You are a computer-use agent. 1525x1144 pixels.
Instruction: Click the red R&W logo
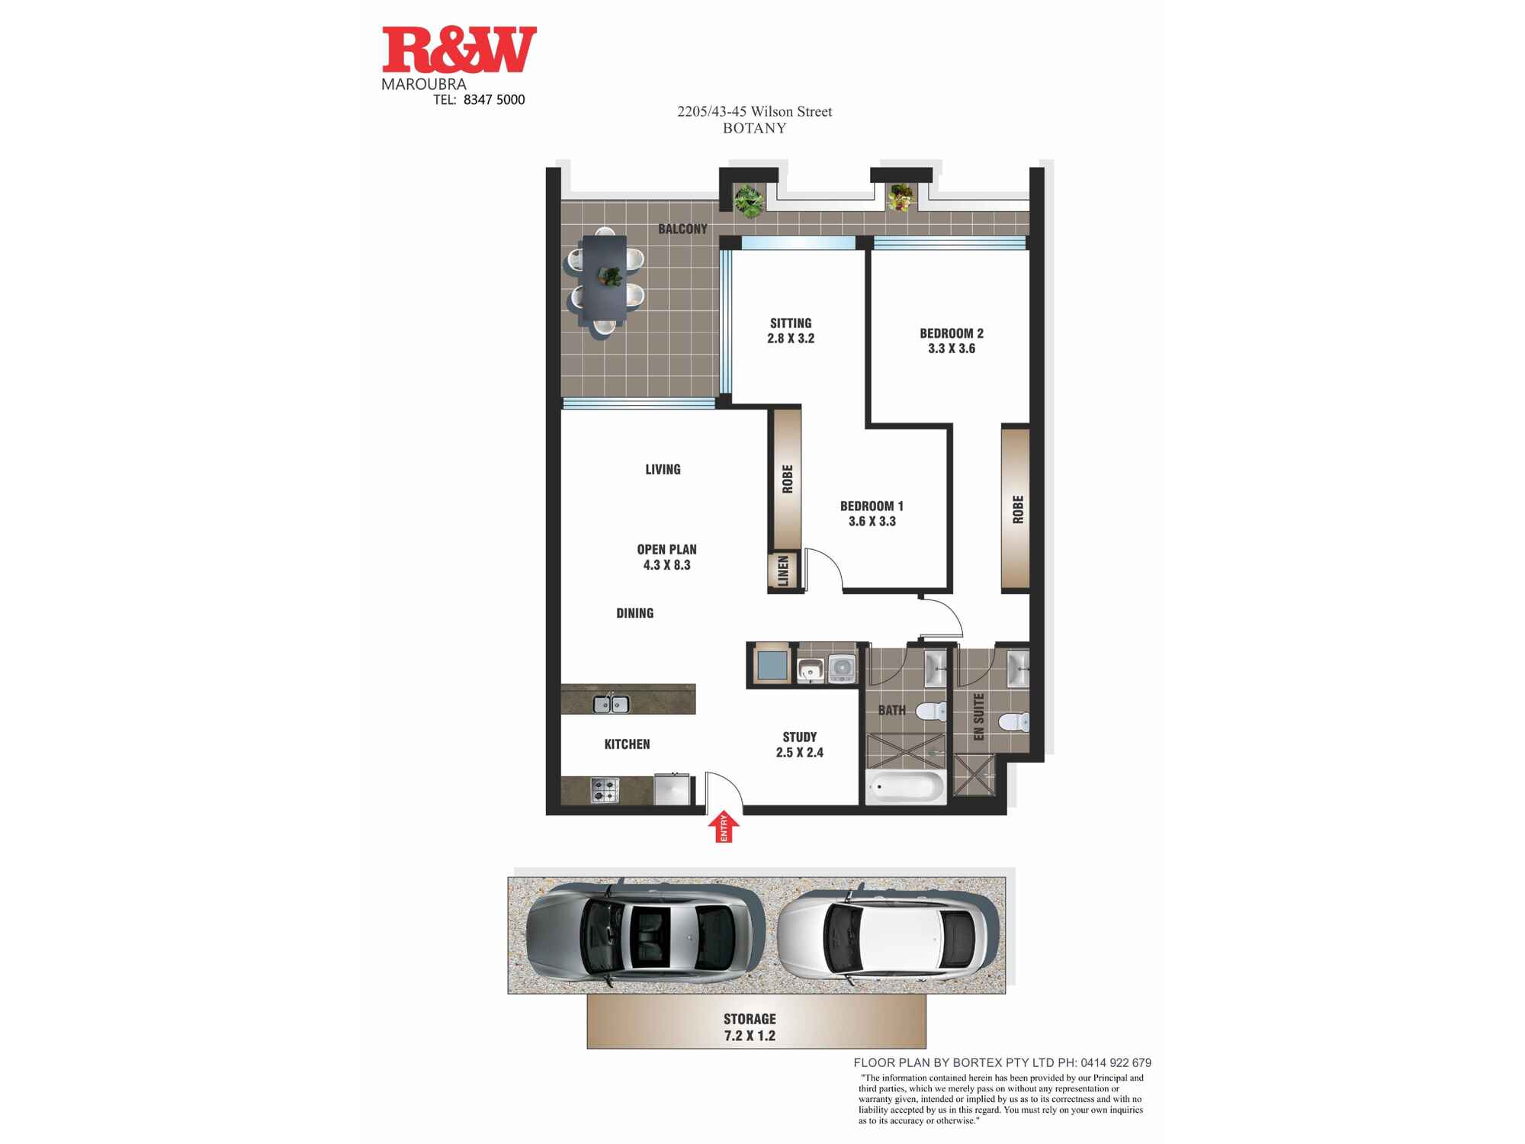click(459, 50)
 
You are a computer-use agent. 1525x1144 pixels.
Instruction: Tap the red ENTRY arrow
click(724, 827)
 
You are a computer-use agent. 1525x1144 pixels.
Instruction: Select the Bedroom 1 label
click(872, 506)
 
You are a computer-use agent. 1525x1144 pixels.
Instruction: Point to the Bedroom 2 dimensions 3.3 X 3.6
click(952, 349)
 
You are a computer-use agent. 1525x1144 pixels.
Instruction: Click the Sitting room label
click(791, 323)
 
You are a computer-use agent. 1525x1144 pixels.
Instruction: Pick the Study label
click(799, 737)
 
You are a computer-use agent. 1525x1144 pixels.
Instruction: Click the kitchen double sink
click(611, 704)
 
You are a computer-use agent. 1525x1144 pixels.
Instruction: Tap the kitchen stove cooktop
click(605, 790)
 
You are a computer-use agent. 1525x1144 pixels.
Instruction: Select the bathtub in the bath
click(906, 786)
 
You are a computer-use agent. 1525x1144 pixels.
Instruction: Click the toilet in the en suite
click(1014, 721)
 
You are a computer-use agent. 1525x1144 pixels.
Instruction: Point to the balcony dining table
click(604, 281)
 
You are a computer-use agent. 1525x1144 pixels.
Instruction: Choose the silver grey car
click(645, 934)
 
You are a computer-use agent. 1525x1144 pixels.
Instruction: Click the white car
click(888, 935)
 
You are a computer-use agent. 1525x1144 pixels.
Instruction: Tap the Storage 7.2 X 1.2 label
click(750, 1027)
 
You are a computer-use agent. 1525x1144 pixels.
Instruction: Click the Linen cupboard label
click(783, 571)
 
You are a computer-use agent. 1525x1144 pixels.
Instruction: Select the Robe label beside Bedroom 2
click(1018, 509)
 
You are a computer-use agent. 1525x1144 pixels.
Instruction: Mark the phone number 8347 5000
click(494, 100)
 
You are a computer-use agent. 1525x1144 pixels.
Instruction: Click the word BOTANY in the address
click(754, 128)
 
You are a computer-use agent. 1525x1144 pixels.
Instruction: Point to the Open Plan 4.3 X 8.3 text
click(666, 557)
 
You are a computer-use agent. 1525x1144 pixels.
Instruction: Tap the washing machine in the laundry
click(841, 668)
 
